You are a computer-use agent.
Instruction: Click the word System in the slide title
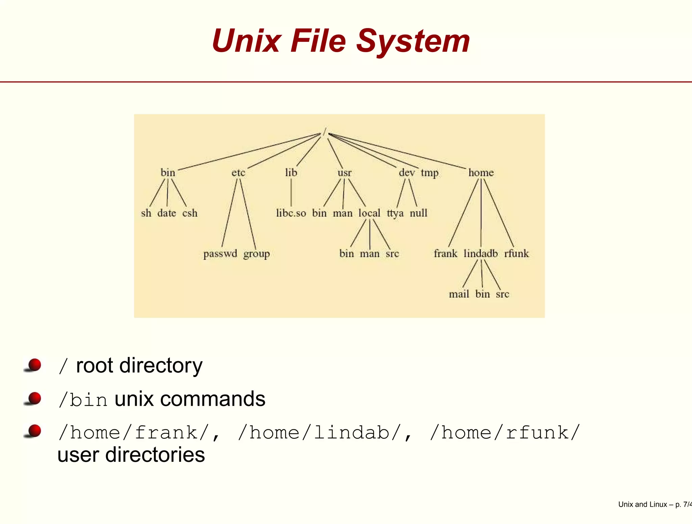click(x=413, y=41)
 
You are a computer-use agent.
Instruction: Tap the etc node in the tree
click(x=238, y=173)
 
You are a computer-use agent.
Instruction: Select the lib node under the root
click(x=291, y=173)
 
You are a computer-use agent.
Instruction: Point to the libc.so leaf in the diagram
click(x=291, y=213)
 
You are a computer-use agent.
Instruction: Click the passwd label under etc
click(x=220, y=254)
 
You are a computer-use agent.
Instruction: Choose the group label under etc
click(x=256, y=254)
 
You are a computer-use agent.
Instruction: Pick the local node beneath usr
click(x=369, y=213)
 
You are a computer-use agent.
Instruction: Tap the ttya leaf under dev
click(x=395, y=214)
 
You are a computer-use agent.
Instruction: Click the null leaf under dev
click(x=418, y=213)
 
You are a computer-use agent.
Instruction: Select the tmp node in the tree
click(x=429, y=173)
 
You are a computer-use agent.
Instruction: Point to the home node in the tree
click(x=481, y=173)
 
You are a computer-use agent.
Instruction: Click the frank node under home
click(x=445, y=253)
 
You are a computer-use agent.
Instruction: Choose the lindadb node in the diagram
click(x=480, y=253)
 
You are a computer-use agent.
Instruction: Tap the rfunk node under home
click(x=516, y=253)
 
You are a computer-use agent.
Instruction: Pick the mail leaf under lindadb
click(x=459, y=294)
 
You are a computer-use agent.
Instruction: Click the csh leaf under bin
click(x=190, y=213)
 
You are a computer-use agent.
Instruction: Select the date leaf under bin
click(x=167, y=213)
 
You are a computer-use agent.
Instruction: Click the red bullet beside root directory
click(x=34, y=365)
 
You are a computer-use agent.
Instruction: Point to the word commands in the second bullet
click(x=213, y=399)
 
